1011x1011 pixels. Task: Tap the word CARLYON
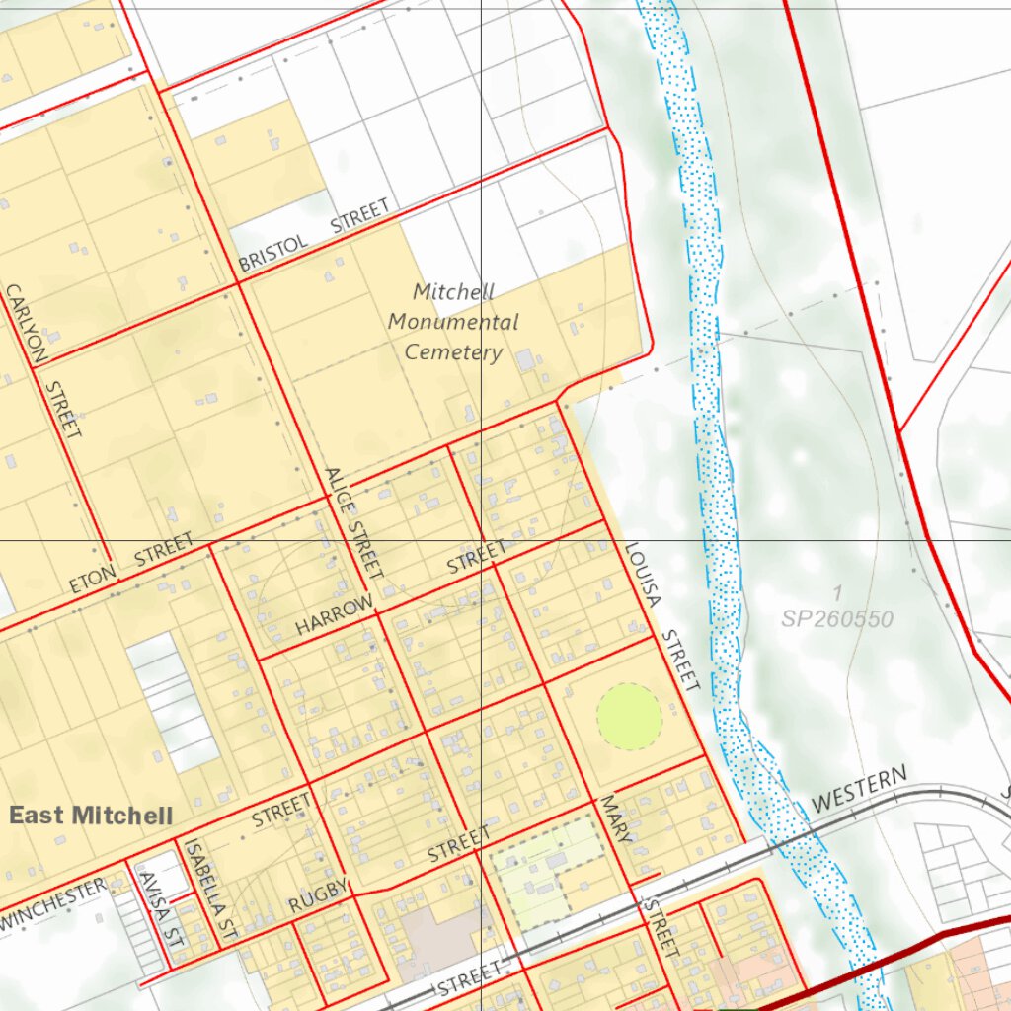tap(26, 327)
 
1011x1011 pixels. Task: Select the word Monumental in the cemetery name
tap(453, 322)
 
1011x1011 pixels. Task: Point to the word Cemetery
tap(453, 352)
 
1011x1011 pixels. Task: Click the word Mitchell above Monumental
tap(453, 292)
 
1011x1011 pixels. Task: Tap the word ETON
tap(93, 579)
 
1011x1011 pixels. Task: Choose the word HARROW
tap(335, 615)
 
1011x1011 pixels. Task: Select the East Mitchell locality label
tap(91, 816)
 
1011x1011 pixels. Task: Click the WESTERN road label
tap(859, 789)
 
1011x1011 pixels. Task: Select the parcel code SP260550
tap(836, 619)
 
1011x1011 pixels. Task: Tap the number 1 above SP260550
tap(837, 593)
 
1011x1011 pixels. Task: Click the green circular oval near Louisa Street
tap(629, 717)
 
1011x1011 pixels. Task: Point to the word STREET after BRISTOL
tap(359, 216)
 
